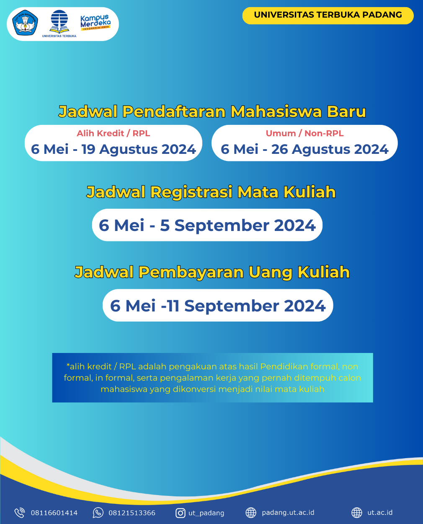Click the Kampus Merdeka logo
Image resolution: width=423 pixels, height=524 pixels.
[x=95, y=23]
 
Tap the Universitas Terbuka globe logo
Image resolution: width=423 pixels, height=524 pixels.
[x=59, y=22]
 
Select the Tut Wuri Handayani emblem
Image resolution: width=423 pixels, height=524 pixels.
[x=25, y=23]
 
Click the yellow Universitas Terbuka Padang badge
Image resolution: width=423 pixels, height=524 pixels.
[x=328, y=15]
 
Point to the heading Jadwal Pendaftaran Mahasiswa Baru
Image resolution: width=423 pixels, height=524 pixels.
[x=212, y=112]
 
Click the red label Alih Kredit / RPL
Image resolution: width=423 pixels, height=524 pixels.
[x=113, y=133]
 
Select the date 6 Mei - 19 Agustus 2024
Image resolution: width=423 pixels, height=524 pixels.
[x=113, y=149]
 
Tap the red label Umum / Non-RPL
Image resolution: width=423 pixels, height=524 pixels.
[x=304, y=133]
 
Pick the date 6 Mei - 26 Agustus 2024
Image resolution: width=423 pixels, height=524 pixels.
[x=304, y=149]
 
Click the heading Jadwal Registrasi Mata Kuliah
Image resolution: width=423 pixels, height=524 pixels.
[x=211, y=192]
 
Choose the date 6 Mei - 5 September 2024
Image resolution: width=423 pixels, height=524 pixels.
[x=207, y=226]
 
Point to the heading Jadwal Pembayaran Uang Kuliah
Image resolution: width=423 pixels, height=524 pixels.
[x=212, y=272]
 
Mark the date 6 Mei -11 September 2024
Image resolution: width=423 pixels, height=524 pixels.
[x=218, y=306]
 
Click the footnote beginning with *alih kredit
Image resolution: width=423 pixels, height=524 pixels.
[x=212, y=378]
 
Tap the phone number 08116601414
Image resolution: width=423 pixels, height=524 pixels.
[x=54, y=513]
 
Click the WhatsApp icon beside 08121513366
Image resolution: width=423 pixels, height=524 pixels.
[x=98, y=513]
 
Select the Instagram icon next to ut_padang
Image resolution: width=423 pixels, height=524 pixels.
[x=181, y=513]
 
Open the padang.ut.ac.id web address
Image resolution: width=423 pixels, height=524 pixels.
[x=288, y=513]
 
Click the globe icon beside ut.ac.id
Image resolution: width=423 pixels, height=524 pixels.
[x=357, y=513]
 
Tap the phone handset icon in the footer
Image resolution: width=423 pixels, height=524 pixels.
[x=20, y=513]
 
